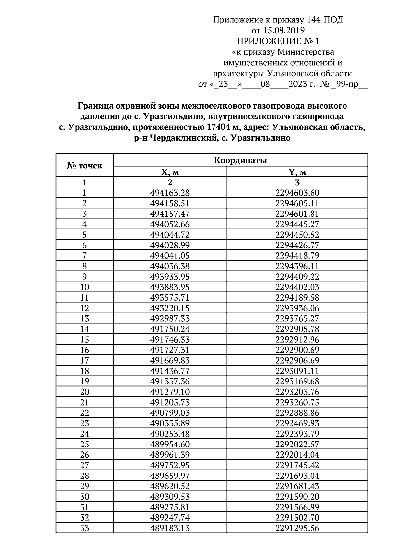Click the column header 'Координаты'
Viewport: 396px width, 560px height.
click(x=241, y=161)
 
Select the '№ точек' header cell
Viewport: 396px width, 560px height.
click(x=84, y=166)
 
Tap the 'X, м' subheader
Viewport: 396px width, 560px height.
click(x=170, y=172)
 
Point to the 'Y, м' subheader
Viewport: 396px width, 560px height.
click(x=297, y=172)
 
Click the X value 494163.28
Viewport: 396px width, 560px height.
click(x=170, y=193)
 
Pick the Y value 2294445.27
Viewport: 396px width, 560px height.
click(x=297, y=224)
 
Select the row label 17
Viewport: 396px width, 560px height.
click(x=84, y=360)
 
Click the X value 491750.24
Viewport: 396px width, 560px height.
click(x=170, y=329)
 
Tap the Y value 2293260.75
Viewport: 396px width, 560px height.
click(x=297, y=402)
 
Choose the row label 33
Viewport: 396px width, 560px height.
click(x=84, y=528)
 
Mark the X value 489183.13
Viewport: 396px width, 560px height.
click(x=170, y=528)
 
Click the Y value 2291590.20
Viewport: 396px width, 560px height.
click(x=297, y=497)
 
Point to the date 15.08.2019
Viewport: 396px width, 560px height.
click(x=283, y=31)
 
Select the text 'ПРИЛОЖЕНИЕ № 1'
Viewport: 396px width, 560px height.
click(x=278, y=41)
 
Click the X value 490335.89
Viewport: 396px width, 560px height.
click(x=170, y=423)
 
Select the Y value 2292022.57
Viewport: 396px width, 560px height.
click(x=297, y=444)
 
